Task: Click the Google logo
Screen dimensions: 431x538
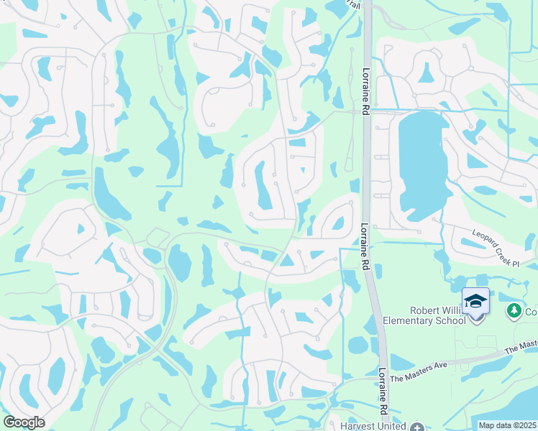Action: (24, 422)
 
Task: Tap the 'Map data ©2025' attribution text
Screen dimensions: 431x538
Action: (508, 425)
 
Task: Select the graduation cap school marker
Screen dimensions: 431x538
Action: (475, 300)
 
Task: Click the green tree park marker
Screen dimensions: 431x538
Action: (514, 310)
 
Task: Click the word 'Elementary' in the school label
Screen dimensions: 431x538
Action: (408, 320)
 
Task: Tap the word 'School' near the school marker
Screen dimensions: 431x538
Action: (450, 320)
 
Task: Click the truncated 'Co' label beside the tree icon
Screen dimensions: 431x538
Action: (531, 311)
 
